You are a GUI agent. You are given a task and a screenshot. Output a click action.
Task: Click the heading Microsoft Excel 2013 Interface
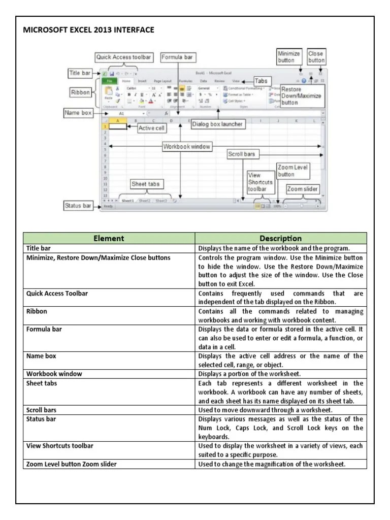88,30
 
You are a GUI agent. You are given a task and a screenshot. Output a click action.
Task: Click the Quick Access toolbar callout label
123,57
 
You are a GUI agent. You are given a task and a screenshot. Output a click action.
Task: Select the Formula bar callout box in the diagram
177,57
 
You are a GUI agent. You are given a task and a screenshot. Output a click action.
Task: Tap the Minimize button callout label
288,56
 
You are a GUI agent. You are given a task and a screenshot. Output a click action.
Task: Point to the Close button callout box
316,56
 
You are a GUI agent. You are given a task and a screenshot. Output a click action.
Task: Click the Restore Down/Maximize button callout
302,95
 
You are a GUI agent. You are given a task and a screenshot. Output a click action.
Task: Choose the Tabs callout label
261,81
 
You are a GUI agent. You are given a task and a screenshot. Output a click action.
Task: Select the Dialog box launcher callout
217,124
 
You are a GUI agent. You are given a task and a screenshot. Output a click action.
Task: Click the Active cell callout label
151,128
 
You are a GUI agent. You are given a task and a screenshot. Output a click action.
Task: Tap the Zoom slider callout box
303,189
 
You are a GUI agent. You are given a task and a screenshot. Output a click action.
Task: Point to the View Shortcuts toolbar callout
260,182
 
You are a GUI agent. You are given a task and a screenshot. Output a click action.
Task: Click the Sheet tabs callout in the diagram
146,184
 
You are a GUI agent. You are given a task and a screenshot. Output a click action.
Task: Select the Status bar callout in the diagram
78,206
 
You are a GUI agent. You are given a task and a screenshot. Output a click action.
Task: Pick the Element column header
109,238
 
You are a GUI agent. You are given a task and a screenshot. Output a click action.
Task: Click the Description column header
280,238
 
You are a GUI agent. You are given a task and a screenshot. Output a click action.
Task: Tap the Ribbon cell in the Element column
37,311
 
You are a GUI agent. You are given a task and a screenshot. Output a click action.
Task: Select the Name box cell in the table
41,356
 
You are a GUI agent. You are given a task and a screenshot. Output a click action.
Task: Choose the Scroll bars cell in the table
42,409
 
